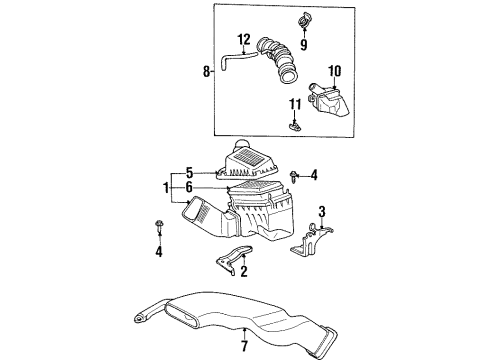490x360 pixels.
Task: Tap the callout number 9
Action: click(x=304, y=44)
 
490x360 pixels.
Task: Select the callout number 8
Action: click(x=207, y=72)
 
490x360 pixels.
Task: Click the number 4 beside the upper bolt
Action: click(x=313, y=177)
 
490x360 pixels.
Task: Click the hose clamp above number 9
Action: click(x=302, y=21)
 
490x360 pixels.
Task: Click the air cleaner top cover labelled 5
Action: click(x=255, y=160)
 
